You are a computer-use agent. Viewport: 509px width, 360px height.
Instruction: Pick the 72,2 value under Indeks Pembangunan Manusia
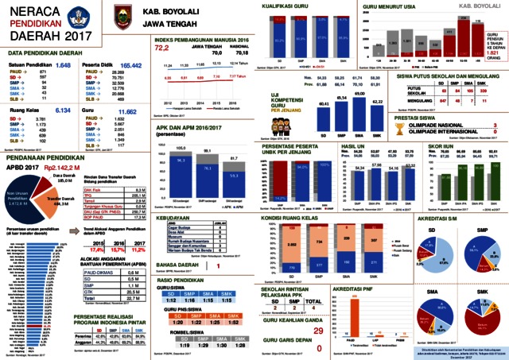[162, 48]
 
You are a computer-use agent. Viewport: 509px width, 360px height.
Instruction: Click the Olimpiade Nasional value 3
[495, 124]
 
